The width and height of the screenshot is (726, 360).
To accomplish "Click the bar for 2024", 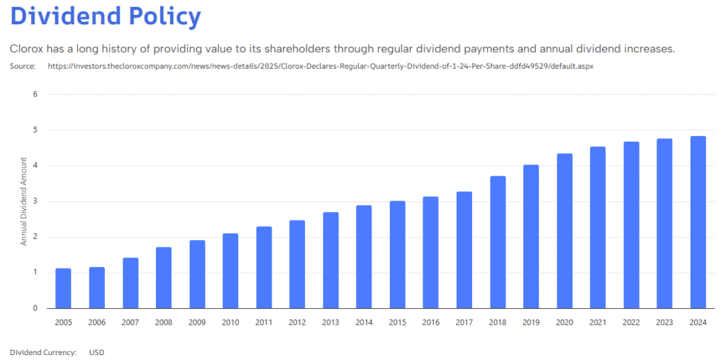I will pyautogui.click(x=698, y=223).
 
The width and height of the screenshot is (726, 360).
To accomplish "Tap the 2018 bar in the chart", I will pyautogui.click(x=498, y=242).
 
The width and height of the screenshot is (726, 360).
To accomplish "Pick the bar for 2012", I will pyautogui.click(x=297, y=264).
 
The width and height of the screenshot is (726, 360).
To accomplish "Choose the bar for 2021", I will pyautogui.click(x=598, y=227).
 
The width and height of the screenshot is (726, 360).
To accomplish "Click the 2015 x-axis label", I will pyautogui.click(x=397, y=322).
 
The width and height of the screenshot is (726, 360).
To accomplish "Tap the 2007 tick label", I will pyautogui.click(x=130, y=322).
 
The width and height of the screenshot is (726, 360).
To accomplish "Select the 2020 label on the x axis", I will pyautogui.click(x=564, y=322).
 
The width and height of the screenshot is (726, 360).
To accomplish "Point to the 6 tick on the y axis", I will pyautogui.click(x=34, y=94).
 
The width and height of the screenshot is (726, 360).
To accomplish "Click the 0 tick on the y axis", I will pyautogui.click(x=34, y=308).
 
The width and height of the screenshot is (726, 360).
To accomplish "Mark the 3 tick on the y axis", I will pyautogui.click(x=34, y=201).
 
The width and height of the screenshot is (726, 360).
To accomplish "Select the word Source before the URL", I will pyautogui.click(x=23, y=66).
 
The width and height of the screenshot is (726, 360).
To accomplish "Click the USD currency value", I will pyautogui.click(x=97, y=351).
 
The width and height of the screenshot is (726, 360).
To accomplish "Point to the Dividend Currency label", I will pyautogui.click(x=43, y=351).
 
